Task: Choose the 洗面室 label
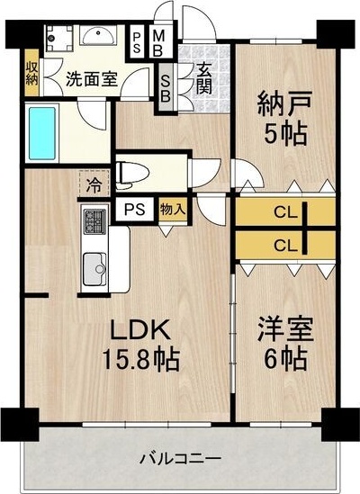91,78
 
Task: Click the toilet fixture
133,171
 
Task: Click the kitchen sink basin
94,268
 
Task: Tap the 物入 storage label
173,210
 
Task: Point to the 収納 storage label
31,71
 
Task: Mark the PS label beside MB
137,42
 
